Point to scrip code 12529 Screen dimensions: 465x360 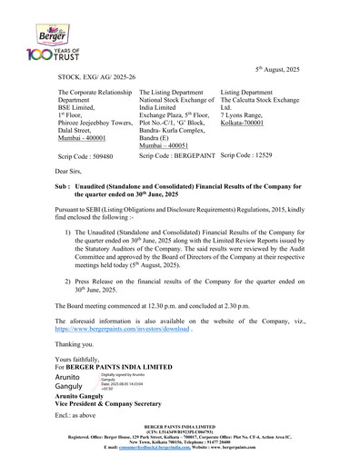click(x=246, y=155)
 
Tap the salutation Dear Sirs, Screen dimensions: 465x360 click(x=73, y=171)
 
